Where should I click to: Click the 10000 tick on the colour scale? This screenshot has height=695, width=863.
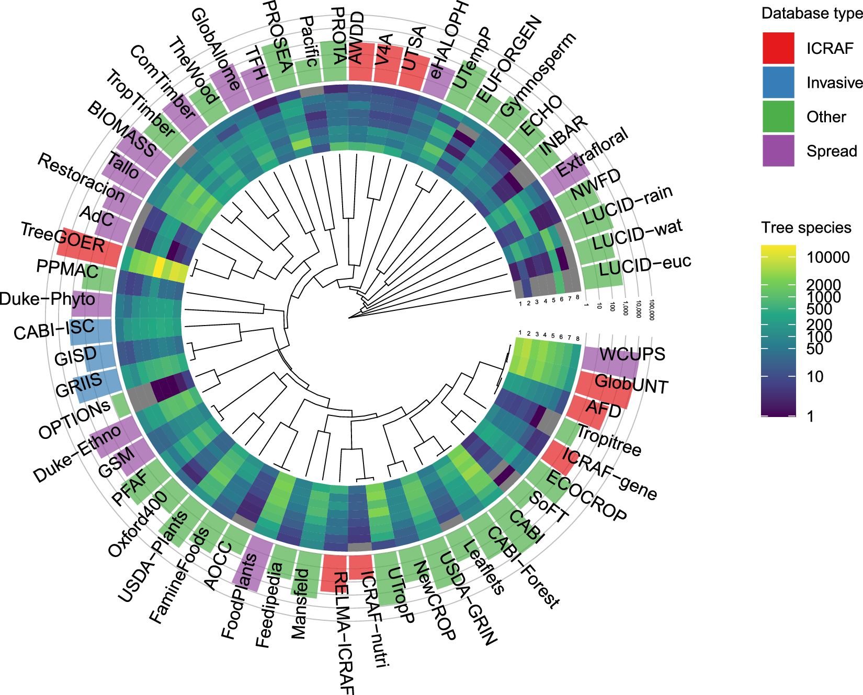[828, 257]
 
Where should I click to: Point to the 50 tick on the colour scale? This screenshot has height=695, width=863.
[815, 349]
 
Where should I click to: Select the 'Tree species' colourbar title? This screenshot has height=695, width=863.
[806, 228]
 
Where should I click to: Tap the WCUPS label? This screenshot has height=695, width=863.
[632, 354]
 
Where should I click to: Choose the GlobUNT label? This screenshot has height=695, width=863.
[631, 385]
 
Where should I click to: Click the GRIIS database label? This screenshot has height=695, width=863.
[78, 385]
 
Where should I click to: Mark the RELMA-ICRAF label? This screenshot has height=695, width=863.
[343, 632]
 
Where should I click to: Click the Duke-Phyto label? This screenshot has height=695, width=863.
[48, 299]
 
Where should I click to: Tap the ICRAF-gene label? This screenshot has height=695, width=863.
[609, 473]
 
